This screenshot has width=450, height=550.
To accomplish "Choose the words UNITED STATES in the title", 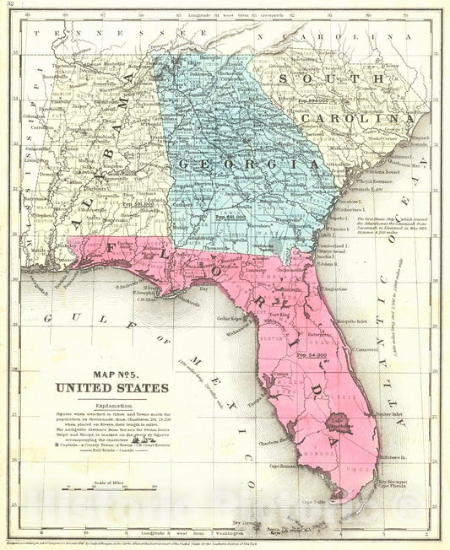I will coord(111,389).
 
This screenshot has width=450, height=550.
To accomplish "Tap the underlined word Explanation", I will coord(113,403).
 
